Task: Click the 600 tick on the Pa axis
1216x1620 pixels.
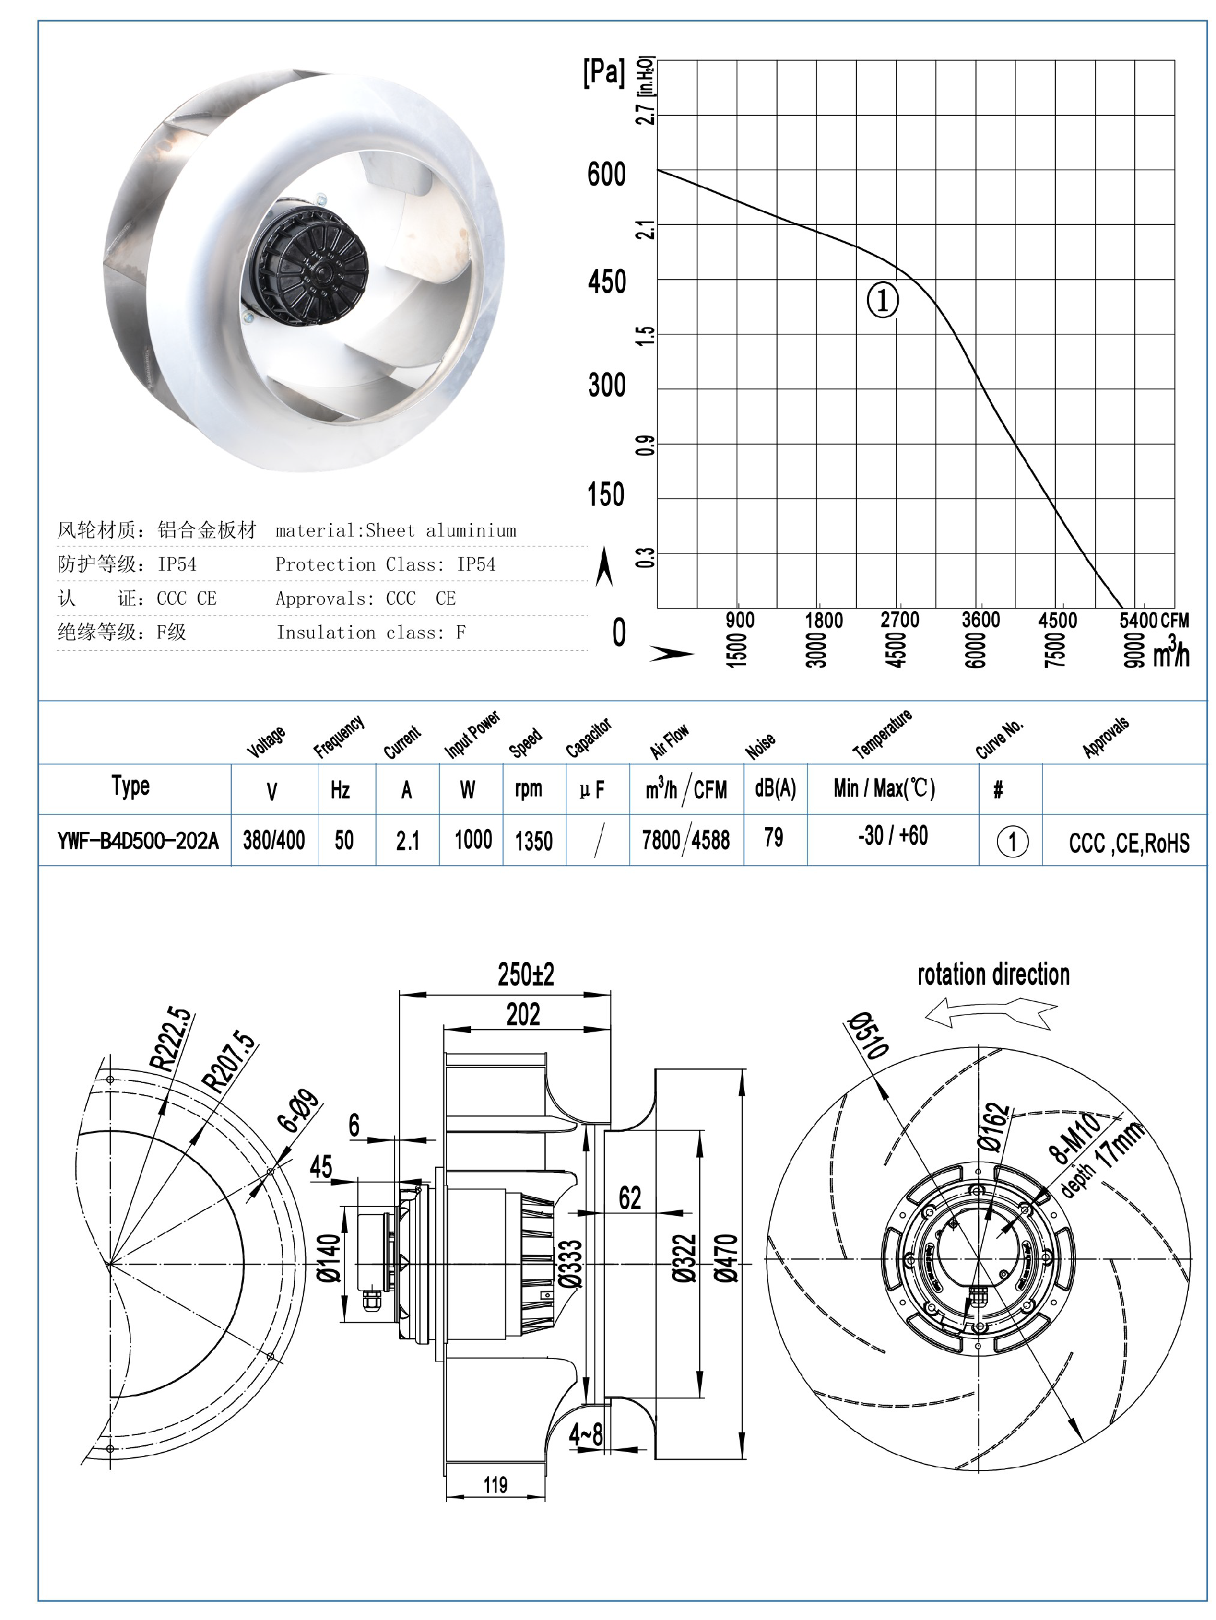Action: (606, 174)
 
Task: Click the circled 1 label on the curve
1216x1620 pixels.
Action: (882, 300)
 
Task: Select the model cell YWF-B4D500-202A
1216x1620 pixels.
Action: (137, 840)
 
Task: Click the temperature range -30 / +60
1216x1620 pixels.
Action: (892, 835)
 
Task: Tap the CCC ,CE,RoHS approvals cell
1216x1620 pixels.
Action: (1128, 843)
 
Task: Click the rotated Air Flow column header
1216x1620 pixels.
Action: (669, 741)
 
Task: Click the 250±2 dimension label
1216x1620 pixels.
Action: (525, 975)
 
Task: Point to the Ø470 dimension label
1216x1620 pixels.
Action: (726, 1258)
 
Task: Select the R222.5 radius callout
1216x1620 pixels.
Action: (170, 1040)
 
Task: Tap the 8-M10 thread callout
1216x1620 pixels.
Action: (1075, 1137)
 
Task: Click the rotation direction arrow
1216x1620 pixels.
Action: (991, 1015)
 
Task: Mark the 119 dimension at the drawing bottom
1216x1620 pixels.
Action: (495, 1484)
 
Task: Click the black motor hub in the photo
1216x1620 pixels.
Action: (312, 267)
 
